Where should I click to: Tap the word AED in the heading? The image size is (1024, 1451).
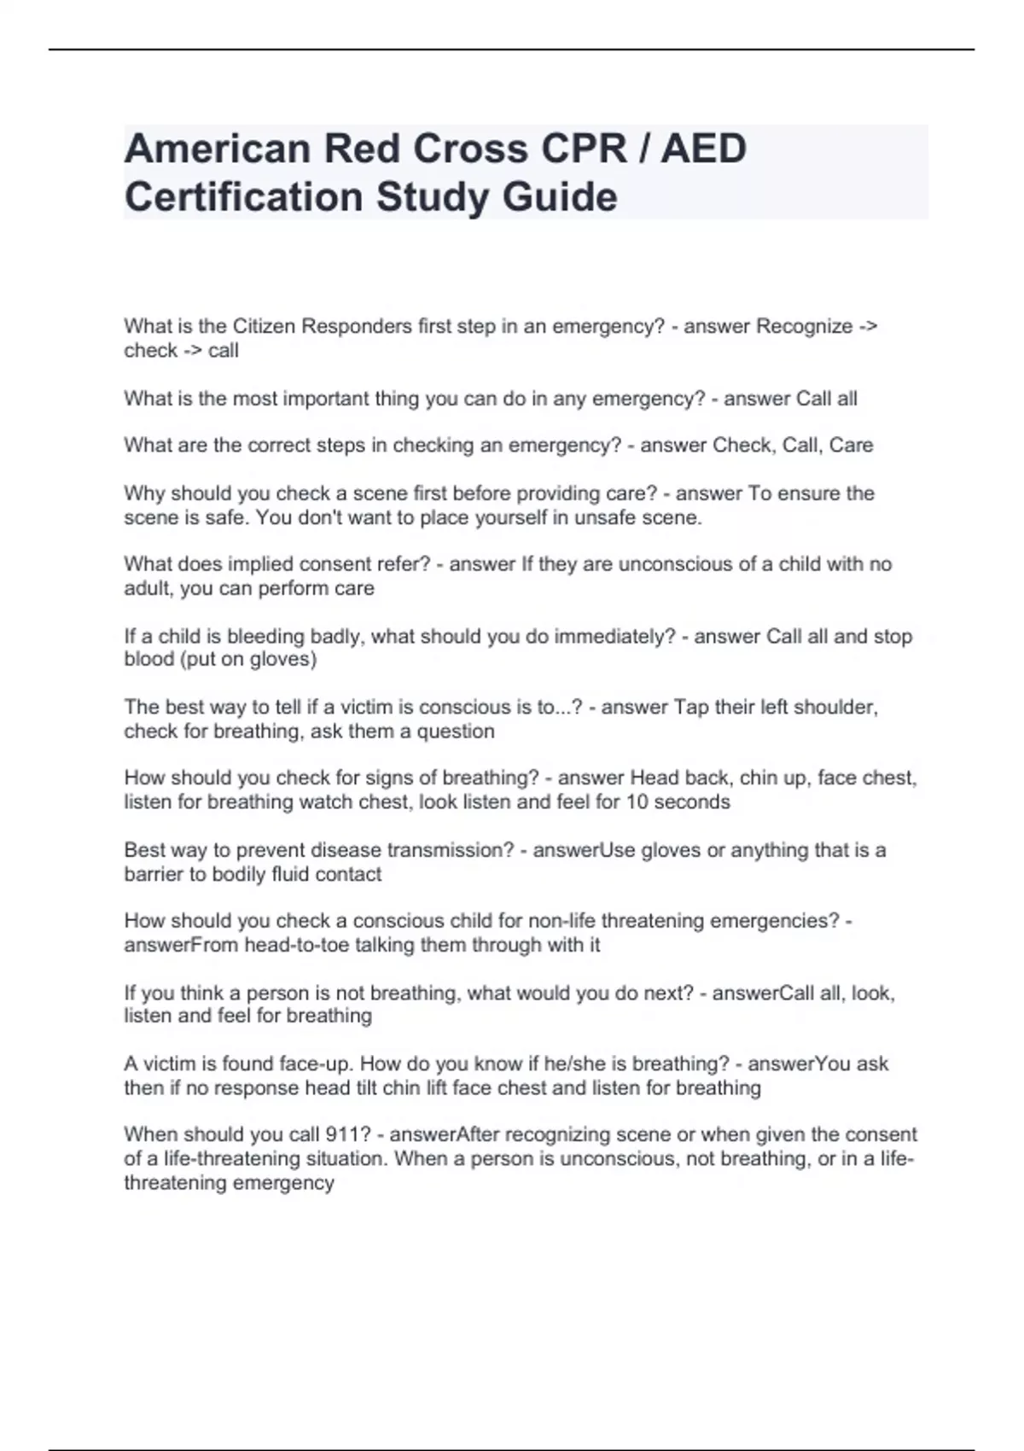[704, 149]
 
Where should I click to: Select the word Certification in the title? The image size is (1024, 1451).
[244, 197]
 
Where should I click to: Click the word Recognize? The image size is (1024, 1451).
[805, 326]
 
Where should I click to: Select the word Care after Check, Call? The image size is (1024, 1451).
[851, 446]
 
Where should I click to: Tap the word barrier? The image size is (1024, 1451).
[154, 874]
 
